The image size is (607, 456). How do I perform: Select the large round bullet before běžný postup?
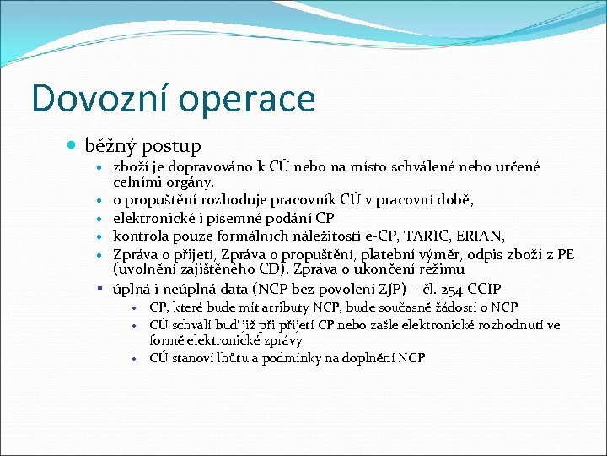[x=72, y=147]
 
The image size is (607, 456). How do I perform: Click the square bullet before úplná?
[x=101, y=289]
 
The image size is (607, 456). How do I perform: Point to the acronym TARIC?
[x=438, y=235]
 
